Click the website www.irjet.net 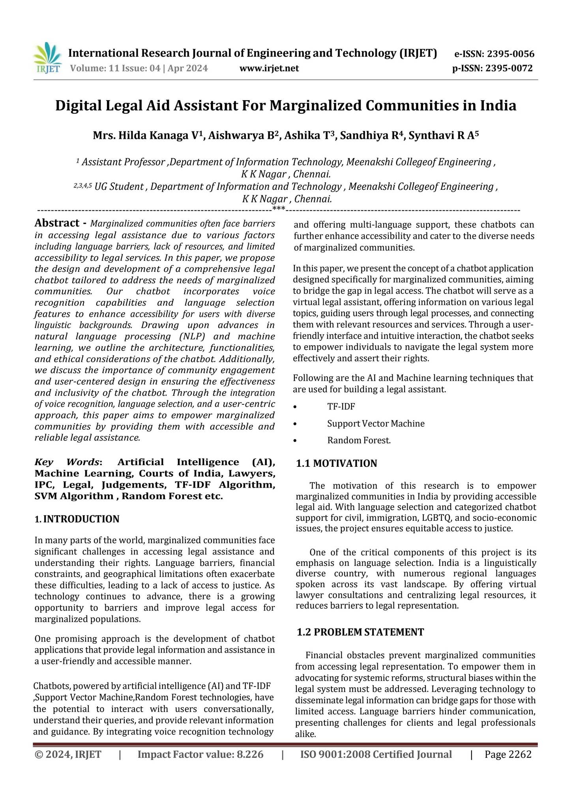pos(269,69)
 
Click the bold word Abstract pos(57,223)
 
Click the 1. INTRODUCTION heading pos(77,519)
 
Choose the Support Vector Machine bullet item pos(376,424)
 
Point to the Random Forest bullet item pos(359,441)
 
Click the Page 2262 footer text pos(508,754)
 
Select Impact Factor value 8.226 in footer pos(200,754)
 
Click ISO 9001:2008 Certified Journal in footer pos(376,754)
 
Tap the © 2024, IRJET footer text pos(68,754)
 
